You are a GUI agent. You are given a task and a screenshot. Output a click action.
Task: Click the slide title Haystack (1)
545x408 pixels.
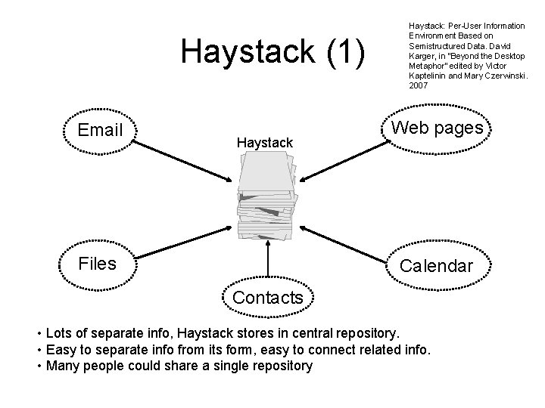tap(273, 52)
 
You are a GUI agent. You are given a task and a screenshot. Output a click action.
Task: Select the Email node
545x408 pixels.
tap(101, 130)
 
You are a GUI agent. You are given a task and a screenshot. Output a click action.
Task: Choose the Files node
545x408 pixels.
tap(98, 263)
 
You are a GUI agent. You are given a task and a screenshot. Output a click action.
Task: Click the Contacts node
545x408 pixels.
tap(268, 298)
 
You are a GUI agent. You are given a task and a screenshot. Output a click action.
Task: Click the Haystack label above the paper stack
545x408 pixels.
tap(264, 142)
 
